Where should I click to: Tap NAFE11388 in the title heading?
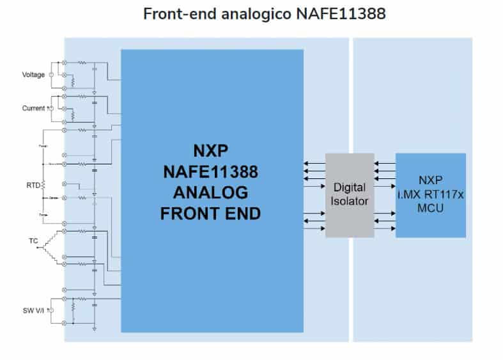pyautogui.click(x=341, y=13)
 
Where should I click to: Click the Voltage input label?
pyautogui.click(x=33, y=75)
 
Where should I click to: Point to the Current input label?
pyautogui.click(x=33, y=108)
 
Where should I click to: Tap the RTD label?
pyautogui.click(x=33, y=186)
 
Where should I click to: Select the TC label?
pyautogui.click(x=33, y=242)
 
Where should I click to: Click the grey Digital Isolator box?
pyautogui.click(x=350, y=195)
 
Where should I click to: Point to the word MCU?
pyautogui.click(x=430, y=208)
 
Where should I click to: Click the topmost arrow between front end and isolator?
pyautogui.click(x=314, y=164)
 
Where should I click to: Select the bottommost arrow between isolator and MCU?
pyautogui.click(x=385, y=227)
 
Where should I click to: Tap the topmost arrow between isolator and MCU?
pyautogui.click(x=385, y=164)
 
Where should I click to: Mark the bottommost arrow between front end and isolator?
pyautogui.click(x=314, y=227)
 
